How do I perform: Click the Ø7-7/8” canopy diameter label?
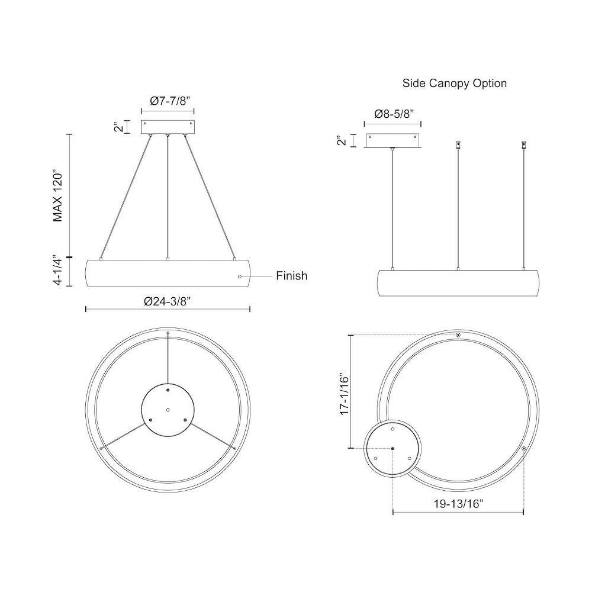click(x=169, y=101)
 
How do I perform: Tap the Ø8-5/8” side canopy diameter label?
click(x=394, y=114)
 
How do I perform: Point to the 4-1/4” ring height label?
click(x=58, y=270)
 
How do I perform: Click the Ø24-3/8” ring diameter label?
click(x=168, y=301)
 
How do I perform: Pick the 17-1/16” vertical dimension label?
click(x=345, y=395)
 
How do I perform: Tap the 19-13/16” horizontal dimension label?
click(x=458, y=504)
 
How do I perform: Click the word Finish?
click(x=291, y=276)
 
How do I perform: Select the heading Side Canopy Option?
click(x=455, y=83)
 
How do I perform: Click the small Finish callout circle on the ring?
click(x=240, y=276)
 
